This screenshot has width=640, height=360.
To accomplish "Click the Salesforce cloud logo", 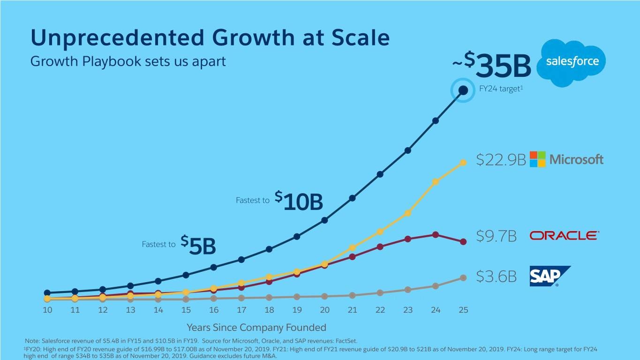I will point(572,62).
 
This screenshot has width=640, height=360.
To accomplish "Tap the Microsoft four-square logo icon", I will point(537,159).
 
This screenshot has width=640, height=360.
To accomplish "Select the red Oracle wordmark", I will point(564,236).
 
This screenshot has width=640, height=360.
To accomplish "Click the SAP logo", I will point(549,276).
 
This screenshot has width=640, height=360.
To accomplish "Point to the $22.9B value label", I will point(501,160).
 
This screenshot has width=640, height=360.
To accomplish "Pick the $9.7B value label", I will point(497,236).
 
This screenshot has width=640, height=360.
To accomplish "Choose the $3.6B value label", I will point(497,277).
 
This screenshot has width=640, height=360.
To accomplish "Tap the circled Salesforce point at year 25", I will point(463,90).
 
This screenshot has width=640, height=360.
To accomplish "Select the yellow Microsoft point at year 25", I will point(463,163).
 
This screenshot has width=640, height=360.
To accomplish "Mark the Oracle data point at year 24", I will point(436,234).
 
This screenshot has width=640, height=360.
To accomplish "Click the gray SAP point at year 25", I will point(463,277).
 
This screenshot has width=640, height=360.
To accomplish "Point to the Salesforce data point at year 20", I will point(324,220).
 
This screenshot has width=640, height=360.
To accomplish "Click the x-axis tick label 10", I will point(47,310).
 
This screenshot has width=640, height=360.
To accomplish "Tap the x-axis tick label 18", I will point(269,310).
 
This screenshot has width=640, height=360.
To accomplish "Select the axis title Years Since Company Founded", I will point(256,327).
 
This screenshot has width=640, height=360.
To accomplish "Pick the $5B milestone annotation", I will point(198,245).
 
